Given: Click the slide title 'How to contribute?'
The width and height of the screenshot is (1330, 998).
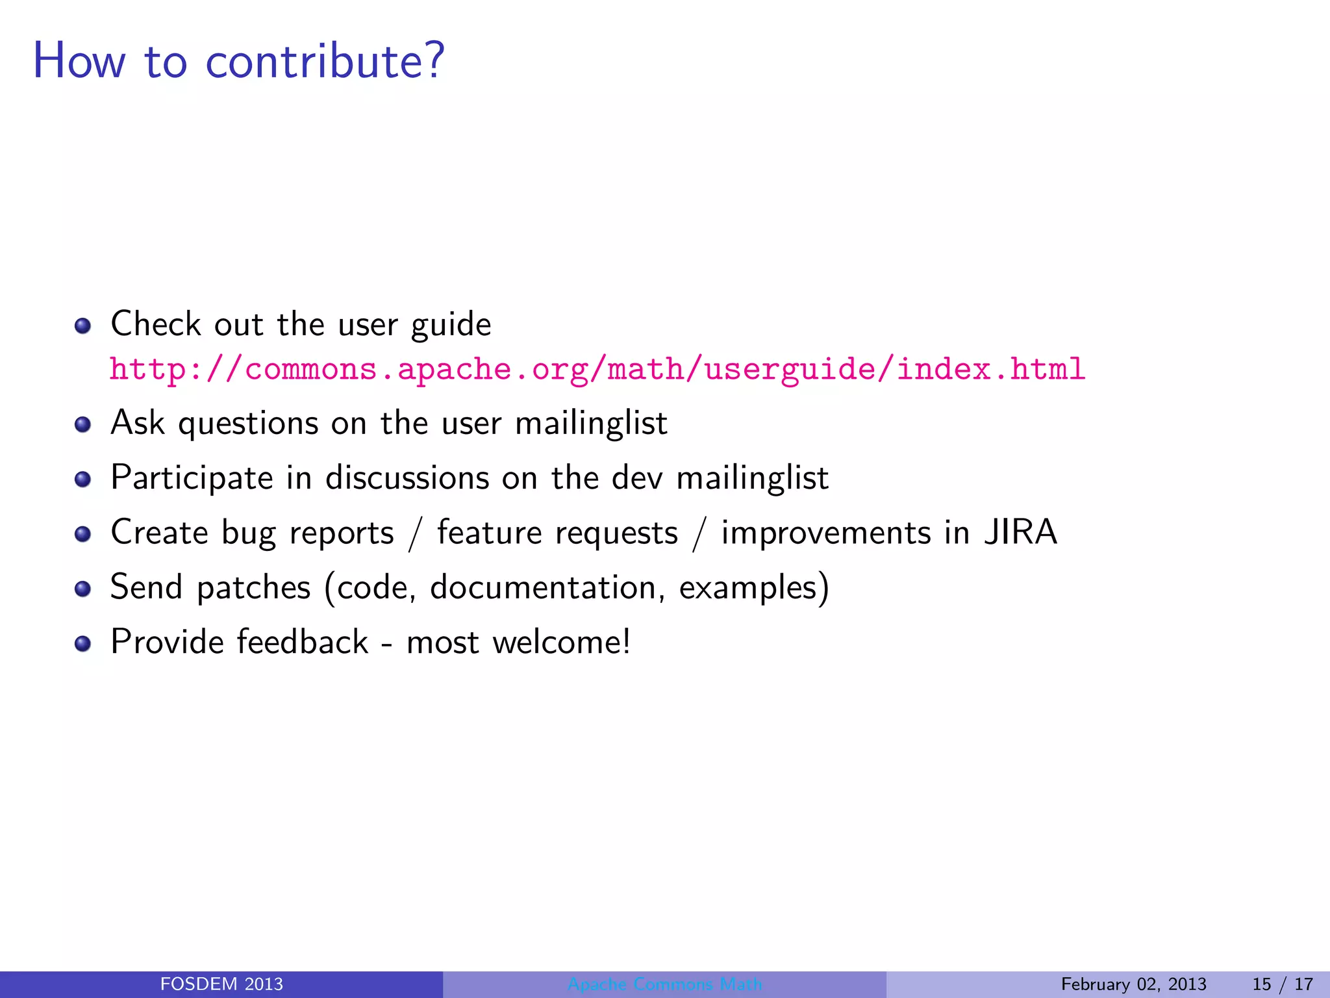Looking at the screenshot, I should point(238,61).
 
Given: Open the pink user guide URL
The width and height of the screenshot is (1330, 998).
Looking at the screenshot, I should point(597,369).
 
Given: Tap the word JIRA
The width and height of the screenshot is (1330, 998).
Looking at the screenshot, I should point(1020,532).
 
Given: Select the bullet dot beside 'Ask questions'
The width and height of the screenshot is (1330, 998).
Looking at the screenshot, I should point(82,425).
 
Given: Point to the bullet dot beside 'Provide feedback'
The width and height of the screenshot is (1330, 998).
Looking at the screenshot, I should point(82,644).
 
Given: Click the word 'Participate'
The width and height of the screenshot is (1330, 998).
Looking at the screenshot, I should point(192,478).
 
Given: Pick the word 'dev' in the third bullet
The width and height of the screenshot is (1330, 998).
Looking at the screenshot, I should point(637,478).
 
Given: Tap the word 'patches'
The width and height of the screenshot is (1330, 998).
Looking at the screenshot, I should point(253,587).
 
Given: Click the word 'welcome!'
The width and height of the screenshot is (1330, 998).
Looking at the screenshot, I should point(561,642).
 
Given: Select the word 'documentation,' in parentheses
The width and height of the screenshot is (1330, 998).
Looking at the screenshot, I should point(547,587).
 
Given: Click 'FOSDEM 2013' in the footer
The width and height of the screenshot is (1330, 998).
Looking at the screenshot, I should point(221,984).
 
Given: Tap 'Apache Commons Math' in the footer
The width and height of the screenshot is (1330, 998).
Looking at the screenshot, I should point(664,984).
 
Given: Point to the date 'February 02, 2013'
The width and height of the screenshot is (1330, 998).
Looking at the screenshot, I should point(1133,984).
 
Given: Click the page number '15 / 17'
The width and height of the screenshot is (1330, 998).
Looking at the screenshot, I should point(1283,984).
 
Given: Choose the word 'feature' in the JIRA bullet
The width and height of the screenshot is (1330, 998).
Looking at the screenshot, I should point(489,533).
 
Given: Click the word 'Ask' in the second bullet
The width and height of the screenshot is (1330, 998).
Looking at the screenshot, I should point(138,423).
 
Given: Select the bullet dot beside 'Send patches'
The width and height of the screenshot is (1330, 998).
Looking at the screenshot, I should point(82,589).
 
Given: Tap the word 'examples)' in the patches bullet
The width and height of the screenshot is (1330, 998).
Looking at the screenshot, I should point(754,587).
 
